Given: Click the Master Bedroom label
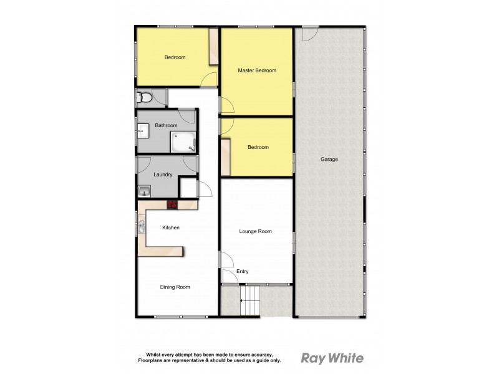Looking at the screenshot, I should pos(256,70).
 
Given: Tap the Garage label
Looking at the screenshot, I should pos(329,160).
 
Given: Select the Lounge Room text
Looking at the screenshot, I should pos(256,231).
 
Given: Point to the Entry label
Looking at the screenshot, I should pos(243,271).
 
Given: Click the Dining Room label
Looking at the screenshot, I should pos(175,287).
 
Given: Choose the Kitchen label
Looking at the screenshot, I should pos(170,228).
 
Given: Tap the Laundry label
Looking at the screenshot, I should pos(162,175).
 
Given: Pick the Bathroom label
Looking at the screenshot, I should pos(166,125).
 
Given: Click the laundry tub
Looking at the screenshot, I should pos(143,191).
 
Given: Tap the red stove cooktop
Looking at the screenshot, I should pos(173,204).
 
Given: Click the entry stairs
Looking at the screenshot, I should pos(250,300).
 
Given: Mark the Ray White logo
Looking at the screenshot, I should pos(332,358).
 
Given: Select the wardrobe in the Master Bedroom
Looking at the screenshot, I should pos(214,47).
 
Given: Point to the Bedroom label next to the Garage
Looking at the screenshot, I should pos(258,147).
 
